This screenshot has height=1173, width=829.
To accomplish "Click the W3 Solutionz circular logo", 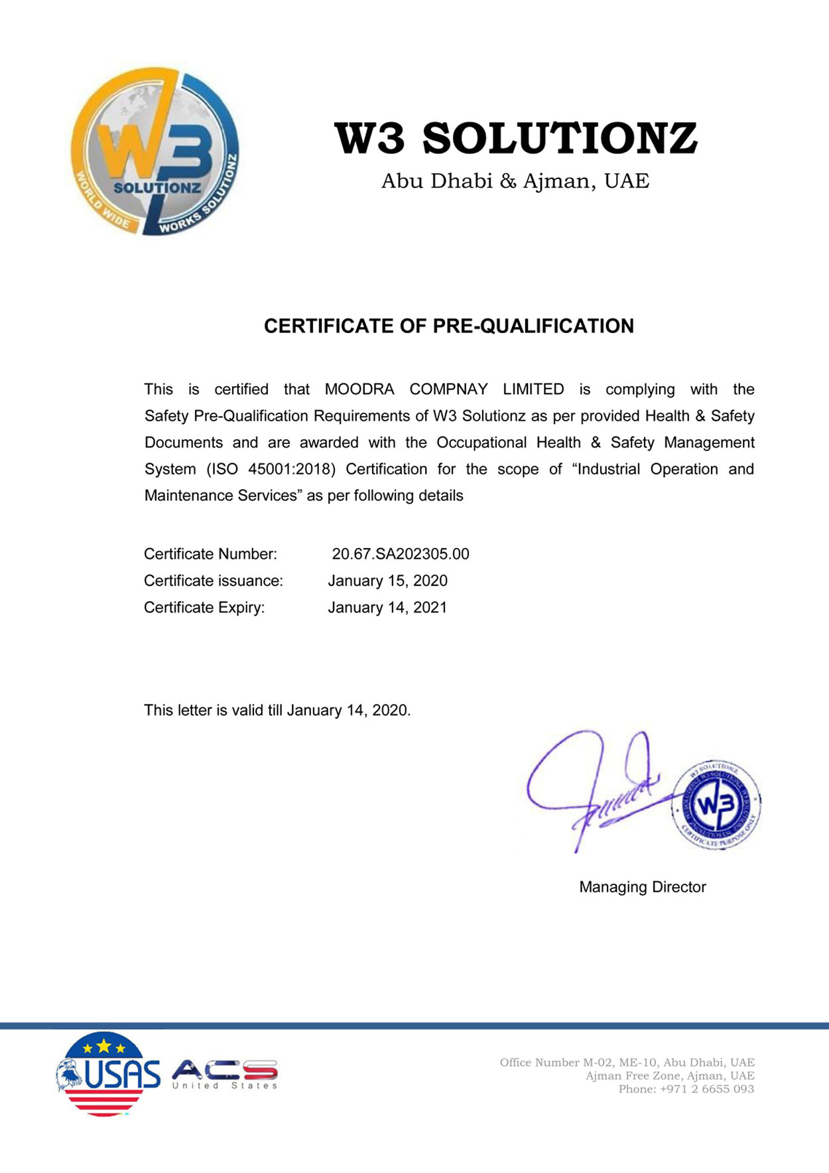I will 155,152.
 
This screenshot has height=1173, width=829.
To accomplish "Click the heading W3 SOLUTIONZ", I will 515,138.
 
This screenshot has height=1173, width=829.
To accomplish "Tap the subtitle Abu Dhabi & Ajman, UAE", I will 515,181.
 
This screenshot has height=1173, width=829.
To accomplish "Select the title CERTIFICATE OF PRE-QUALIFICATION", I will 449,326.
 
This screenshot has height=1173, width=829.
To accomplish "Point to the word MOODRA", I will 359,389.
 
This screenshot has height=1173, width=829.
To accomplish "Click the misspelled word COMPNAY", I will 448,389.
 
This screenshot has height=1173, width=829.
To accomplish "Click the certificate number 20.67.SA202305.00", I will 401,554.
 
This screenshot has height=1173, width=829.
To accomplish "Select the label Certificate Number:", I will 210,554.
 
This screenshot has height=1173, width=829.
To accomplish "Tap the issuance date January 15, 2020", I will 387,581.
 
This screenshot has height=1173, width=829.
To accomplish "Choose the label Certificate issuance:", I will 213,581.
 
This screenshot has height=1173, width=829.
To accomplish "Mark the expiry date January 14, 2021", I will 387,608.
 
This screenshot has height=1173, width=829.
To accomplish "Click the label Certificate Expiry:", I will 204,608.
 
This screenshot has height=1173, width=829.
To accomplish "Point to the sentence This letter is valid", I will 277,711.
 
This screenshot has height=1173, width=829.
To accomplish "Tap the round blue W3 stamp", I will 716,805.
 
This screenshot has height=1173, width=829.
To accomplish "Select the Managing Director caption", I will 642,887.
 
